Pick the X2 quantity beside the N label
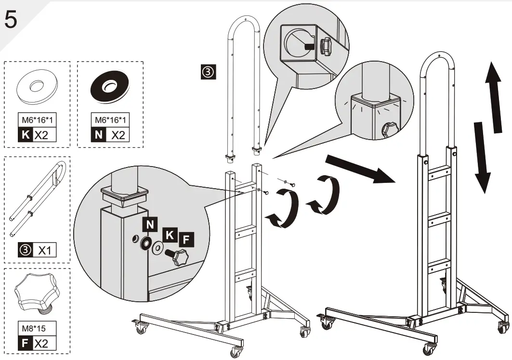118,134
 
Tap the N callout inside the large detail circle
150,224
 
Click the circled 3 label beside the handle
207,73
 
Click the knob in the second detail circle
389,129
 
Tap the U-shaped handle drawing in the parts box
37,198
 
